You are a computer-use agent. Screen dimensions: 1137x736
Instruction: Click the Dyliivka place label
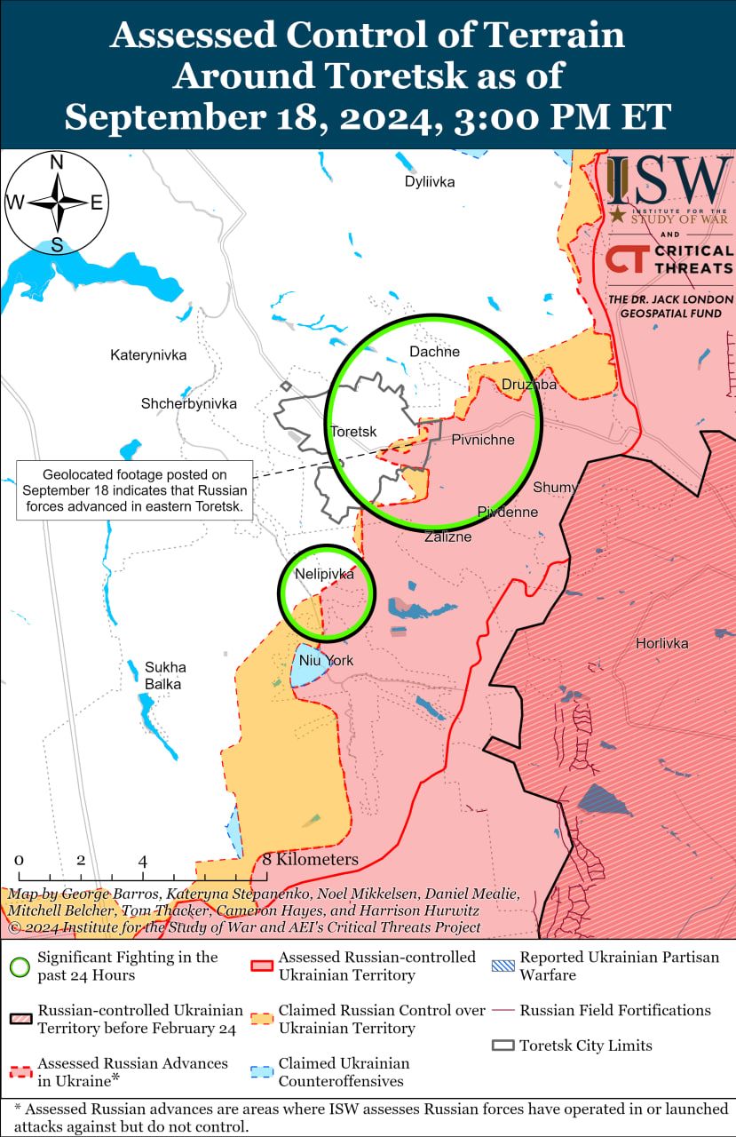[x=430, y=182]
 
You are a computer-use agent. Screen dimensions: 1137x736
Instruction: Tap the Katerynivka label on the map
[x=148, y=355]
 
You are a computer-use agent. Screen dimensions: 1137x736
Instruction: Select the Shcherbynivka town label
[x=189, y=403]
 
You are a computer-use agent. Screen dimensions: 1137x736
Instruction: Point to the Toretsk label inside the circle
[x=353, y=432]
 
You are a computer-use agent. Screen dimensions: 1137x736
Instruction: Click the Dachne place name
[x=434, y=352]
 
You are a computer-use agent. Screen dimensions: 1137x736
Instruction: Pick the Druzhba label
[x=529, y=385]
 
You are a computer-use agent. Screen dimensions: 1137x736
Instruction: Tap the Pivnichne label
[x=483, y=440]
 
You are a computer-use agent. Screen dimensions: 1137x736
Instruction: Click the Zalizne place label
[x=447, y=537]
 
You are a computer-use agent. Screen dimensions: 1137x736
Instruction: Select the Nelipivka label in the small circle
[x=324, y=575]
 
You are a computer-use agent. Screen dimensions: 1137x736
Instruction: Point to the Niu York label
[x=326, y=661]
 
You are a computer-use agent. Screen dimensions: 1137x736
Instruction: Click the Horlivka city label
[x=661, y=643]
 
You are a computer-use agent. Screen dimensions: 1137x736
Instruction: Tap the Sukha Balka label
[x=164, y=675]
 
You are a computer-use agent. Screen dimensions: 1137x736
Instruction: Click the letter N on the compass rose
[x=57, y=163]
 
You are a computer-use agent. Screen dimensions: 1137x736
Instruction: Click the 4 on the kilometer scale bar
[x=143, y=861]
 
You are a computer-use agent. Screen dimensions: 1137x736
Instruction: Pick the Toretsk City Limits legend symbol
[x=503, y=1046]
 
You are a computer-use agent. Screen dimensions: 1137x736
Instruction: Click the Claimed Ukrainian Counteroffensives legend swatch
[x=262, y=1072]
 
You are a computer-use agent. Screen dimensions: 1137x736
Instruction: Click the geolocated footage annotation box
[x=134, y=491]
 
